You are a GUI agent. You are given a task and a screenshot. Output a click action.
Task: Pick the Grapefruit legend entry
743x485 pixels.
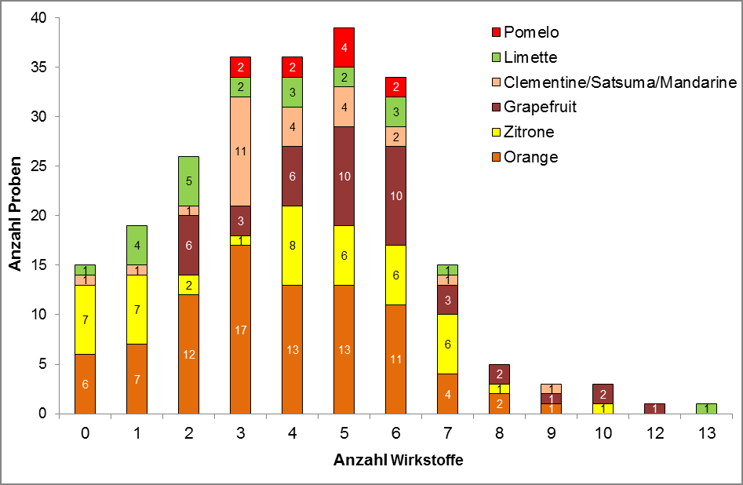[540, 107]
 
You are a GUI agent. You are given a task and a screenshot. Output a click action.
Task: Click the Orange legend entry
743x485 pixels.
[531, 157]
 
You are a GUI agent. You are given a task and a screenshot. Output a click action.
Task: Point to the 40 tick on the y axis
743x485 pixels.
[40, 18]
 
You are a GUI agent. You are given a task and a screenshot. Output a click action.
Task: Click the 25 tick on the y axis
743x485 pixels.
[40, 166]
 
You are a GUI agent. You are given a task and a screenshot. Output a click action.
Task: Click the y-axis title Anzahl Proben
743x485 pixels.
[16, 216]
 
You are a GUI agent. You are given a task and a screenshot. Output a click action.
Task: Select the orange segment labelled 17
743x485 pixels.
[241, 330]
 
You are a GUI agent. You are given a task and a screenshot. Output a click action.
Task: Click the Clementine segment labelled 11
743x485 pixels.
[241, 151]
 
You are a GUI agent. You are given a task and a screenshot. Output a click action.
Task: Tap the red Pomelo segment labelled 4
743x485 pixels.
[344, 47]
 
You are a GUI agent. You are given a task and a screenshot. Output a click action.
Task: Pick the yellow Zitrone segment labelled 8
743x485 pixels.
[293, 246]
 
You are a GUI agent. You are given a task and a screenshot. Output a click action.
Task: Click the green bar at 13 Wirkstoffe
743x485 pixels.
[707, 408]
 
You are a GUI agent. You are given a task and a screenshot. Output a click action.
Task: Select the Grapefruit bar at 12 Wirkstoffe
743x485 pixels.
[655, 408]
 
